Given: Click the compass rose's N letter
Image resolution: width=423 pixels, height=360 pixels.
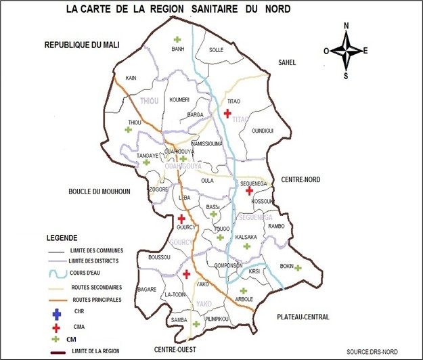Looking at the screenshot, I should pos(347,26).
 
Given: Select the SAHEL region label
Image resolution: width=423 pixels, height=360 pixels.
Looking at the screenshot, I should pos(287,62).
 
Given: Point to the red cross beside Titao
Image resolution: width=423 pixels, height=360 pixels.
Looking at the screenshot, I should pos(227,113).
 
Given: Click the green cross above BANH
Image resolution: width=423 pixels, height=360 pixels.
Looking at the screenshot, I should pos(177,39).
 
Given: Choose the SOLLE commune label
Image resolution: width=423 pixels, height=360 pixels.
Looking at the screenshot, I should pos(217,50).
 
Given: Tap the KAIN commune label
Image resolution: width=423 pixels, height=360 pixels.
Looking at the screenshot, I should pos(131,78).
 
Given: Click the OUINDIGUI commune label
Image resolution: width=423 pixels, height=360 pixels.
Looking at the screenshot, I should pos(262,131).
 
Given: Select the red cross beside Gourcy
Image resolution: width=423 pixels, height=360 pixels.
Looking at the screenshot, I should pos(181,218).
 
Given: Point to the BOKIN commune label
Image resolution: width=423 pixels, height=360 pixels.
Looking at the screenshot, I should pos(286,267).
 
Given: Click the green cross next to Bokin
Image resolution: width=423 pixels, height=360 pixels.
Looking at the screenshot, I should pos(298,268).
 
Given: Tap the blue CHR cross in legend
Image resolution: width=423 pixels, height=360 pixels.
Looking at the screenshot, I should pos(57,313).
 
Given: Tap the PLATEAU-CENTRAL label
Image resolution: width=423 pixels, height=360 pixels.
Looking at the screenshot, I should pos(303,317).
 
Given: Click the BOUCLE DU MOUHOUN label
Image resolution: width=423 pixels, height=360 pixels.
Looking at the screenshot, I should pos(99,192).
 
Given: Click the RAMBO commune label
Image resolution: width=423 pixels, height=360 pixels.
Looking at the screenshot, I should pos(276,226).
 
